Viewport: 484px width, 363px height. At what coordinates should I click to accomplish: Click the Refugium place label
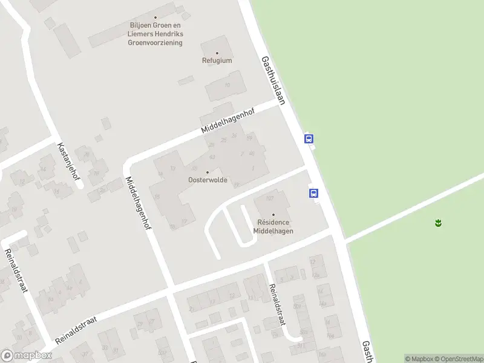(x=217, y=60)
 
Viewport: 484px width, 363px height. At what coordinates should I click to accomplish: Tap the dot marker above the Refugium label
(x=217, y=53)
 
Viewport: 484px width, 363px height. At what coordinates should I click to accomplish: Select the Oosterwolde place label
(x=208, y=180)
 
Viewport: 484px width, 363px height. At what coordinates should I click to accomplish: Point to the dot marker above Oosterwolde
(x=208, y=172)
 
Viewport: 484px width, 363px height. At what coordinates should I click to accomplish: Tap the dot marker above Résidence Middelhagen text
(x=273, y=215)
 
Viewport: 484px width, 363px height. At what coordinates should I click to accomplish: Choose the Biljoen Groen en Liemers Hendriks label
(x=156, y=30)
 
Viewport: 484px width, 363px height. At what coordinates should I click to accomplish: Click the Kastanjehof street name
(x=68, y=161)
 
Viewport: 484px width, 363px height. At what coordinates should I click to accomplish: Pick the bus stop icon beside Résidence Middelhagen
(x=314, y=194)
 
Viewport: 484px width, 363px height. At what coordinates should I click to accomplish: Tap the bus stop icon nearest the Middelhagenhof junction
(x=309, y=139)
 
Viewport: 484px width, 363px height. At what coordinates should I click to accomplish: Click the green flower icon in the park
(x=438, y=223)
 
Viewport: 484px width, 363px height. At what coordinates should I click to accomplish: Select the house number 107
(x=270, y=198)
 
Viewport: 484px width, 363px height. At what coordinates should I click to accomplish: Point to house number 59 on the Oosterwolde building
(x=249, y=139)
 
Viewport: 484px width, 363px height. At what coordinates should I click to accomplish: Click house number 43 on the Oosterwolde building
(x=212, y=156)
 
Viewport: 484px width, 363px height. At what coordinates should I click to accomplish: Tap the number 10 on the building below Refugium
(x=227, y=85)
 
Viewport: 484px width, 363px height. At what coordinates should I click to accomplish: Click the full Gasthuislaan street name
(x=273, y=80)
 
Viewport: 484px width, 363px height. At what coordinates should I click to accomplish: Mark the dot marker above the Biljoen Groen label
(x=155, y=18)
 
